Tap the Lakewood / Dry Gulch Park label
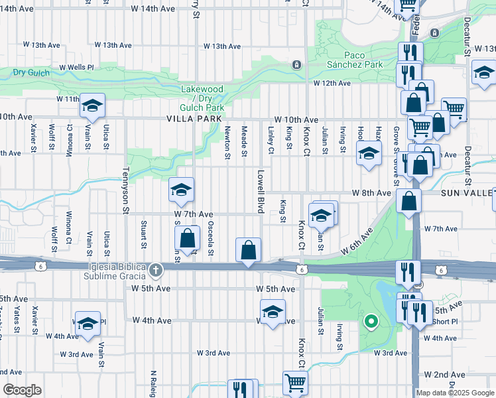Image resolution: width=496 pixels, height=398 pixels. tap(202, 98)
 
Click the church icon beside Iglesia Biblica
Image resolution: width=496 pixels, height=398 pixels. tap(155, 269)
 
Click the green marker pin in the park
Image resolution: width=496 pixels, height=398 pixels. tap(371, 323)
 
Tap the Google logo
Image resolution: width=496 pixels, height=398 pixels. tap(23, 390)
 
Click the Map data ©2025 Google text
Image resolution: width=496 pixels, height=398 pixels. tap(455, 393)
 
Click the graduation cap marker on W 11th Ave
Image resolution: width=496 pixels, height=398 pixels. tap(92, 105)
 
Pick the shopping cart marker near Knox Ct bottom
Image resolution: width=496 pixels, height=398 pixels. tap(295, 382)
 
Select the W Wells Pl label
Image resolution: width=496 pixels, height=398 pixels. tap(77, 68)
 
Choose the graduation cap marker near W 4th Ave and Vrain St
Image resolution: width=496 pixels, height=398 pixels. tap(88, 324)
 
